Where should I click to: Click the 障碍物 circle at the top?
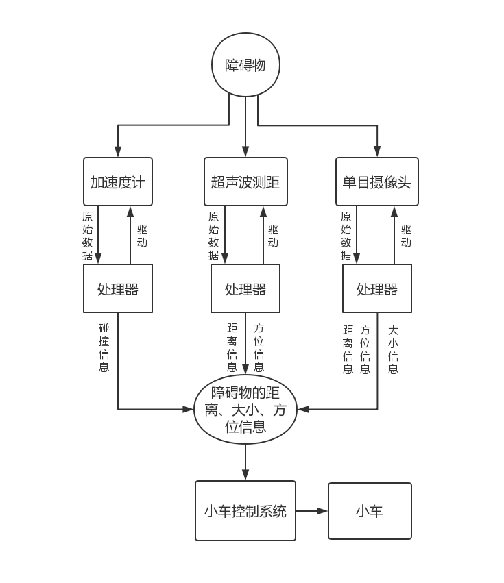coord(245,65)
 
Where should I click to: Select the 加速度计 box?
coord(118,182)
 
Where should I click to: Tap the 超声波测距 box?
coord(245,182)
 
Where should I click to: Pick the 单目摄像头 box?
coord(376,182)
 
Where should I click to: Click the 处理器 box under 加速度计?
coord(118,288)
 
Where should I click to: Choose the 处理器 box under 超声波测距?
coord(245,288)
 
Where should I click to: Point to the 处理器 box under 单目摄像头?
coord(376,288)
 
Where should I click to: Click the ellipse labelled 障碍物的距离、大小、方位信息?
coord(245,410)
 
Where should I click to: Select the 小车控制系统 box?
coord(245,510)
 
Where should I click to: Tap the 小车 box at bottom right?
coord(370,510)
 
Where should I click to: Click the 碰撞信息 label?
coord(104,347)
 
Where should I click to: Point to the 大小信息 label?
coord(393,349)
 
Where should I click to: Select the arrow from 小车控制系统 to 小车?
coord(312,510)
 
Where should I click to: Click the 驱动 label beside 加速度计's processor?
coord(142,236)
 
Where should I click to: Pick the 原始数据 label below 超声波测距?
coord(213,236)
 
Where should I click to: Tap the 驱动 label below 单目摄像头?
coord(406,236)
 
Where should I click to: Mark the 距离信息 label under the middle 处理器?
coord(232,347)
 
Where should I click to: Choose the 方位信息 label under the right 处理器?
coord(365,349)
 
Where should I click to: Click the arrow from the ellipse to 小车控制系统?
coord(245,462)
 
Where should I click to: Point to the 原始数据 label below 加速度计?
coord(87,236)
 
